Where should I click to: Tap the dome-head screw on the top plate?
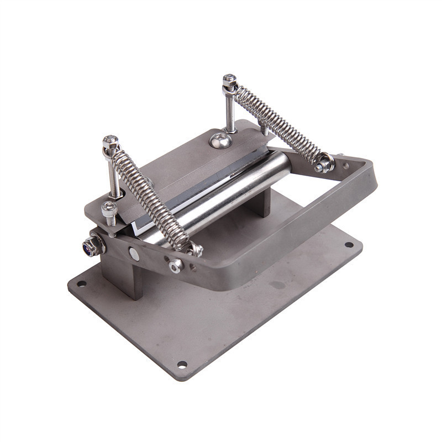(x=220, y=140)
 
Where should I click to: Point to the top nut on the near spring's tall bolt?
(x=110, y=142)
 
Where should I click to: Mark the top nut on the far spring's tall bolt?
(x=230, y=81)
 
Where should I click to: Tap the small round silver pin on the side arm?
(x=134, y=254)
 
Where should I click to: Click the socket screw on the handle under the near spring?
(x=176, y=266)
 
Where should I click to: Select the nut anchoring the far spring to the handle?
(x=324, y=163)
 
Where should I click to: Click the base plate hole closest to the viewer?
(x=181, y=364)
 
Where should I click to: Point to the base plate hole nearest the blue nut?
(x=81, y=284)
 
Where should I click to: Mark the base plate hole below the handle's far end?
(x=349, y=244)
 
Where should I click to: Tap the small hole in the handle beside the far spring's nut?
(x=346, y=165)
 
